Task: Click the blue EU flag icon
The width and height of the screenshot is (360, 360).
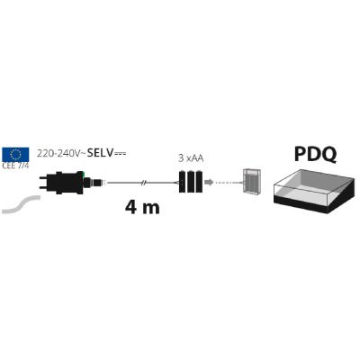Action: click(x=15, y=155)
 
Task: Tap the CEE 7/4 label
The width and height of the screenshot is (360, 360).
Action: click(x=15, y=166)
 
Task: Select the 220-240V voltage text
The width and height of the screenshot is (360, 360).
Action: click(x=58, y=154)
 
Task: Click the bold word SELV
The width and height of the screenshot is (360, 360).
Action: click(x=100, y=153)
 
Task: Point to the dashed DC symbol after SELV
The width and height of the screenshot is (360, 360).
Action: click(x=120, y=154)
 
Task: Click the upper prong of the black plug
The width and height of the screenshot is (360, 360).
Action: click(x=45, y=178)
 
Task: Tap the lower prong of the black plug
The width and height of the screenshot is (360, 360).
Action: click(x=45, y=188)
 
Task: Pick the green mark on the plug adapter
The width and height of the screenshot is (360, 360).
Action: click(x=85, y=174)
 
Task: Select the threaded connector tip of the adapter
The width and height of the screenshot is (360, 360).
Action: click(x=99, y=182)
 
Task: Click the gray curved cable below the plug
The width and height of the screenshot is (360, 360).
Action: click(x=21, y=204)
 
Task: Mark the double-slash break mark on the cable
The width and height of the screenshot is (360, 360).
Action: click(x=144, y=183)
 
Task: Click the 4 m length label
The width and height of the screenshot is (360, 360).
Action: click(x=142, y=207)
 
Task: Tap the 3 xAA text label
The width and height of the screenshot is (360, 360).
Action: click(x=191, y=158)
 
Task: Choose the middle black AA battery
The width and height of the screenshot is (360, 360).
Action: click(x=191, y=182)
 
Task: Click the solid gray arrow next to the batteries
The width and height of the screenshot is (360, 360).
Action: click(x=209, y=182)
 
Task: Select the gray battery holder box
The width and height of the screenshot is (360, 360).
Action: click(x=252, y=182)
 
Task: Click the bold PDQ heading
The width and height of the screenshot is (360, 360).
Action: click(x=315, y=154)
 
